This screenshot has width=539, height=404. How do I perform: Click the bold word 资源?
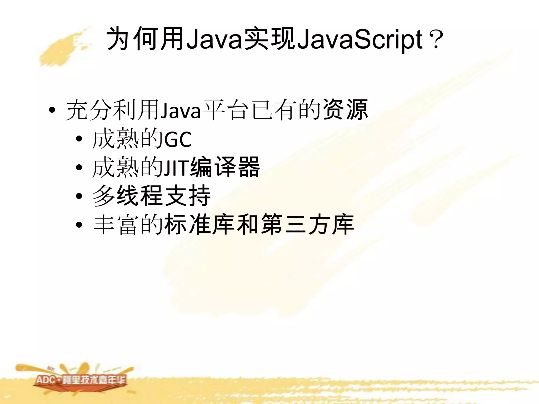[345, 110]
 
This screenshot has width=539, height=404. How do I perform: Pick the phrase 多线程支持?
[152, 196]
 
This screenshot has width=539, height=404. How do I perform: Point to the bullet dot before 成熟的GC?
[79, 139]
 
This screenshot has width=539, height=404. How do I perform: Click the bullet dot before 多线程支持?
[79, 196]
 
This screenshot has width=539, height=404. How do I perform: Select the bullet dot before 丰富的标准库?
[79, 225]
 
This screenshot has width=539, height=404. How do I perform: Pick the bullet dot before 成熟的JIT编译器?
[79, 168]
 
